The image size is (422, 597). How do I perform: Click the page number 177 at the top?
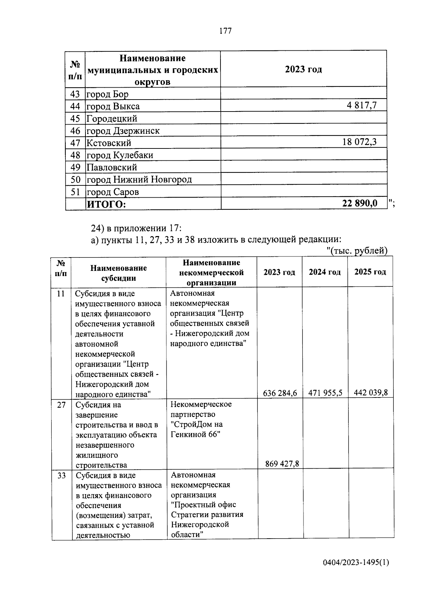pyautogui.click(x=225, y=31)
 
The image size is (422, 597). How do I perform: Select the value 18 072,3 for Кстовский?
pyautogui.click(x=359, y=142)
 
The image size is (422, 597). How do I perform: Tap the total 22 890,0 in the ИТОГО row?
pyautogui.click(x=359, y=203)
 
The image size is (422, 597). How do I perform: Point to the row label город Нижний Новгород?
pyautogui.click(x=139, y=180)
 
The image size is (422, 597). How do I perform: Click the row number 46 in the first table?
pyautogui.click(x=75, y=131)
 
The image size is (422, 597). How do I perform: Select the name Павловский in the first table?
pyautogui.click(x=112, y=167)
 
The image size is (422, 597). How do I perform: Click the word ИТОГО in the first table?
pyautogui.click(x=106, y=204)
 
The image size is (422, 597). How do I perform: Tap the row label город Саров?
pyautogui.click(x=113, y=192)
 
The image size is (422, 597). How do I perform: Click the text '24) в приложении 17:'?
pyautogui.click(x=136, y=228)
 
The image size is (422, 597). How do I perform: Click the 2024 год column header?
pyautogui.click(x=325, y=272)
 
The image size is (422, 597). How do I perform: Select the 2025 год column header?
pyautogui.click(x=370, y=272)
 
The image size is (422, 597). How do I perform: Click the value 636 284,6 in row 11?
pyautogui.click(x=280, y=393)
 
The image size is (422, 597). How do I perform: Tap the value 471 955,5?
pyautogui.click(x=325, y=393)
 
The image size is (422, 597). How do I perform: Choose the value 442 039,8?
pyautogui.click(x=371, y=393)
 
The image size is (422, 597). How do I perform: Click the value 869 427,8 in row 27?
pyautogui.click(x=282, y=464)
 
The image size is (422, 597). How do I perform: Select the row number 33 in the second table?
pyautogui.click(x=62, y=476)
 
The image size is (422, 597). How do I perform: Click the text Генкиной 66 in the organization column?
pyautogui.click(x=196, y=434)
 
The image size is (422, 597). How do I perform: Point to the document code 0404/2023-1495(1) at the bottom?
pyautogui.click(x=356, y=563)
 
